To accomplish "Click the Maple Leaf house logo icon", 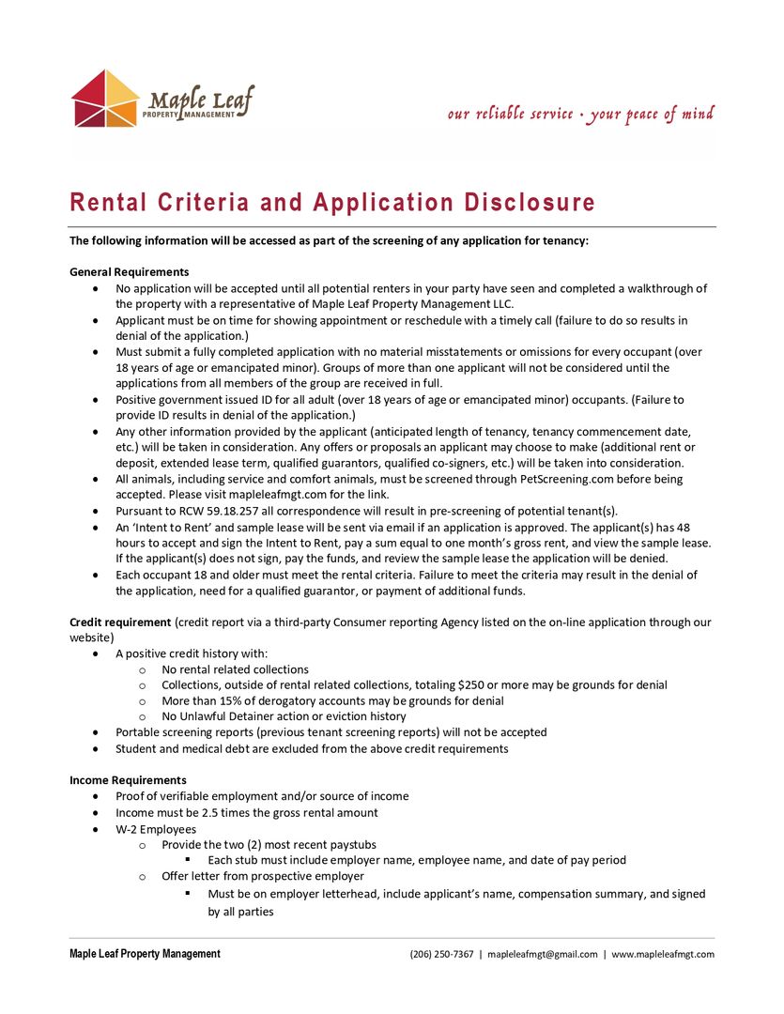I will pyautogui.click(x=106, y=99).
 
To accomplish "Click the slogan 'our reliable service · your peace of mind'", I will pyautogui.click(x=580, y=115).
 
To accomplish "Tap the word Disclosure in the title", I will pyautogui.click(x=530, y=203).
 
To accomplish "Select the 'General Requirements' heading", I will pyautogui.click(x=130, y=272).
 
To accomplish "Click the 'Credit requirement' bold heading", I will pyautogui.click(x=120, y=622).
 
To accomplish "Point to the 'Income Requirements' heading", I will pyautogui.click(x=128, y=780).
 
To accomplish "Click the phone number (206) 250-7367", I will pyautogui.click(x=441, y=954).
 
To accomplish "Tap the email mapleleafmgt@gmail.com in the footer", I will pyautogui.click(x=543, y=954).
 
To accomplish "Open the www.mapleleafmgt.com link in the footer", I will pyautogui.click(x=663, y=954).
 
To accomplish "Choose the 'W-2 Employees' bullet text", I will pyautogui.click(x=156, y=829).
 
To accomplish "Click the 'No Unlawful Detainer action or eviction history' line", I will pyautogui.click(x=284, y=716).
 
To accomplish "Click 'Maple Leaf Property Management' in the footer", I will pyautogui.click(x=145, y=954).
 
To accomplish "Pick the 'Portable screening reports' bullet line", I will pyautogui.click(x=331, y=732).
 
